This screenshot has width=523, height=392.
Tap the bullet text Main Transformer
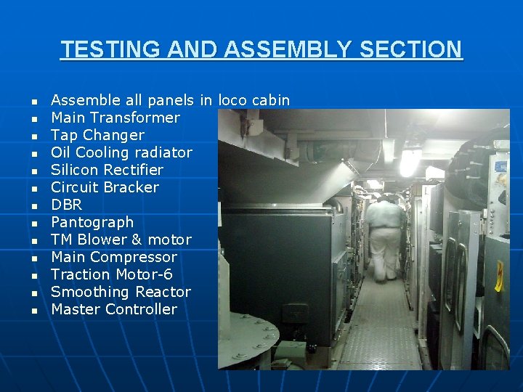[x=115, y=118]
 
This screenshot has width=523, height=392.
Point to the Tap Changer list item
[x=97, y=135]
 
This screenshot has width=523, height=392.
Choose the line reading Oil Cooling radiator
[x=121, y=152]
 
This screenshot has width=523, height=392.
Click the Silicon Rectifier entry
[x=107, y=170]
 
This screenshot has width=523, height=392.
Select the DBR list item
[x=66, y=205]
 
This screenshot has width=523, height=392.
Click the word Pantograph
[x=92, y=222]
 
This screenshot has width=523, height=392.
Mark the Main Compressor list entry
[x=114, y=257]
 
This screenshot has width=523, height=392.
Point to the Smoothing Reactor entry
[x=121, y=292]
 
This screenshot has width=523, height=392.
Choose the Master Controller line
[x=114, y=309]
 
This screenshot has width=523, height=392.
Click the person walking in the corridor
[x=384, y=236]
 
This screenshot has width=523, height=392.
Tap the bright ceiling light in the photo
[x=408, y=162]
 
